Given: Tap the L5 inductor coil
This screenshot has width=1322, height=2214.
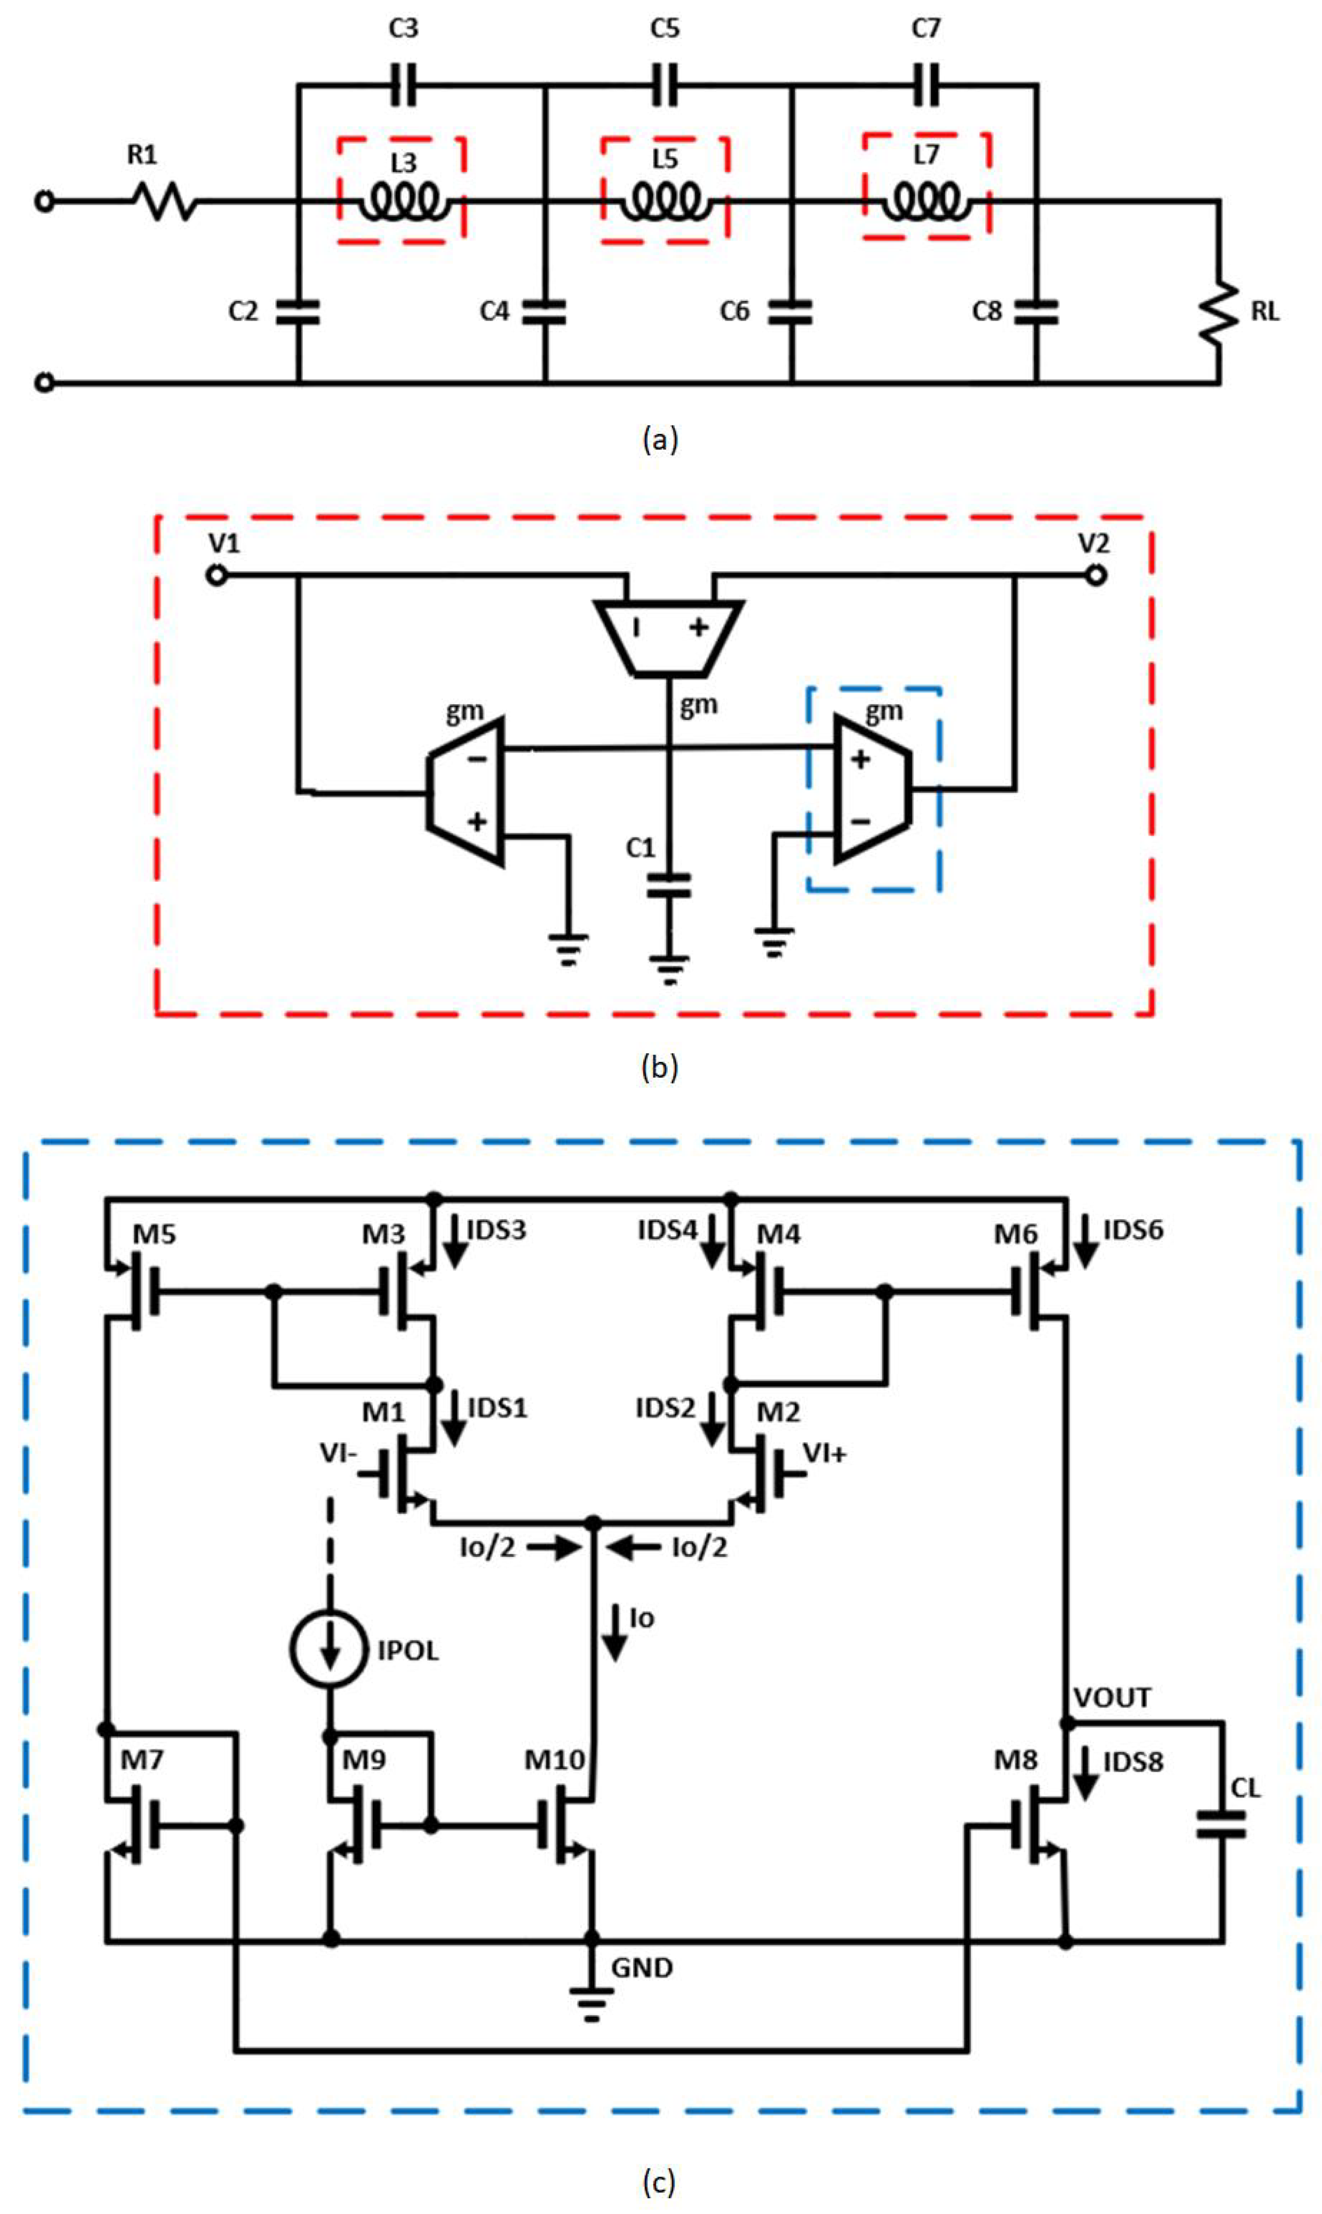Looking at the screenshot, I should pyautogui.click(x=665, y=202).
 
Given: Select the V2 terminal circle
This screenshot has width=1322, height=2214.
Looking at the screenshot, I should pyautogui.click(x=1096, y=575).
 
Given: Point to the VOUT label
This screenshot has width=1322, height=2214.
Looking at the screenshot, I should pyautogui.click(x=1112, y=1697).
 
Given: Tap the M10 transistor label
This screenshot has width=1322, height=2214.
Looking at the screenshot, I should pyautogui.click(x=554, y=1759).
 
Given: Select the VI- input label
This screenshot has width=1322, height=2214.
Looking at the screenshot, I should pyautogui.click(x=338, y=1453).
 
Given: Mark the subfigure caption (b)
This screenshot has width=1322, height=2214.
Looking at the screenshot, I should pyautogui.click(x=659, y=1067).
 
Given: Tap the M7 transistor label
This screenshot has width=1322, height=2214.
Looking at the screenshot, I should pyautogui.click(x=143, y=1759).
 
